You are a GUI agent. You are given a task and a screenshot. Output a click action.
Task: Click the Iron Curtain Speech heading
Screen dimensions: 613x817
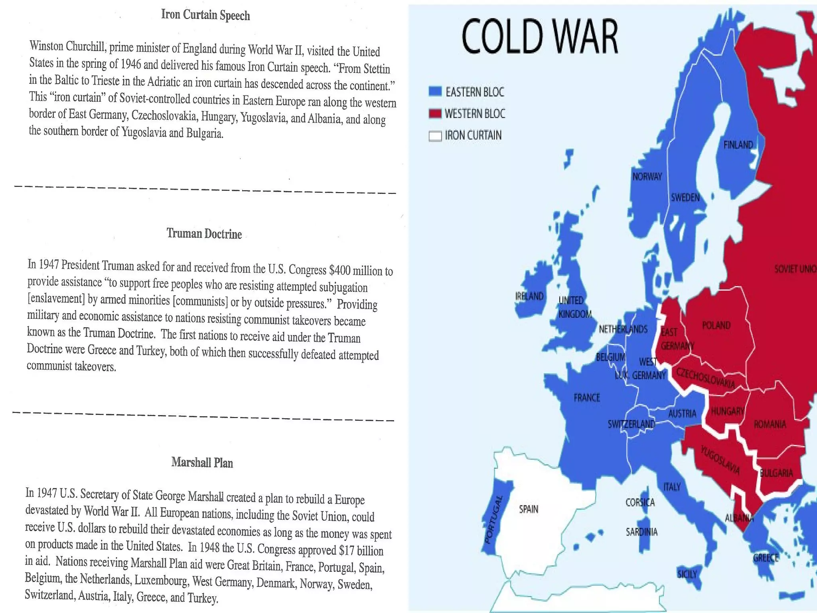tap(205, 15)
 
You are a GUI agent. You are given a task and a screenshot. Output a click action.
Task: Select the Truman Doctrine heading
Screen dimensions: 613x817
tap(204, 233)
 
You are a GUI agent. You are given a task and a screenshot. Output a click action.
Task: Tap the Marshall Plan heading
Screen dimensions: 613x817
tap(202, 463)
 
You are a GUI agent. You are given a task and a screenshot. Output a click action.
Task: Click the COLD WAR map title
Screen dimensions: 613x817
tap(540, 37)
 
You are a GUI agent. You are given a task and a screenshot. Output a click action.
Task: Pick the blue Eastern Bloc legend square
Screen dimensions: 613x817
tap(435, 91)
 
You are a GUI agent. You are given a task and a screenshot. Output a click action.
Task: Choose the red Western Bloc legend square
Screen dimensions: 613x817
tap(435, 113)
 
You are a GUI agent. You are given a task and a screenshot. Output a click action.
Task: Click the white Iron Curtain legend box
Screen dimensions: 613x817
tap(435, 136)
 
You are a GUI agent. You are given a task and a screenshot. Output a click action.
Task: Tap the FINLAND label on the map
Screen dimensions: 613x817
tap(738, 145)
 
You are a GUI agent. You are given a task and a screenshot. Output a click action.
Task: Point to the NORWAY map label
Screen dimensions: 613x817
tap(647, 176)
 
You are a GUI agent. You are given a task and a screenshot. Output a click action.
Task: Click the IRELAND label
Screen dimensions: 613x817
tap(529, 296)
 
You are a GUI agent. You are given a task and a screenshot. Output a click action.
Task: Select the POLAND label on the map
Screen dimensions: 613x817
tap(716, 325)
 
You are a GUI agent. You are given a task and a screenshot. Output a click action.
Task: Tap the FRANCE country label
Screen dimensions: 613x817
tap(586, 397)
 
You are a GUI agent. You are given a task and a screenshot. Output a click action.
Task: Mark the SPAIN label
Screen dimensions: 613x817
tap(529, 509)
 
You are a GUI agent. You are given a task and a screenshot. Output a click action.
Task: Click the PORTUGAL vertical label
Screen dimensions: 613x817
tap(494, 520)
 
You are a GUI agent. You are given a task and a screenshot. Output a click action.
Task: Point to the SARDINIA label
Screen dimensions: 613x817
tap(641, 532)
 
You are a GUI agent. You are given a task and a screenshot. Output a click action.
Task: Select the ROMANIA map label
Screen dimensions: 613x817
tap(770, 424)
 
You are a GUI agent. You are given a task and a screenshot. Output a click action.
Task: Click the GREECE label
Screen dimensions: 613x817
tap(766, 558)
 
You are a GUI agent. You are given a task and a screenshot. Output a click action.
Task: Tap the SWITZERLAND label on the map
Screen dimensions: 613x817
tap(631, 424)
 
